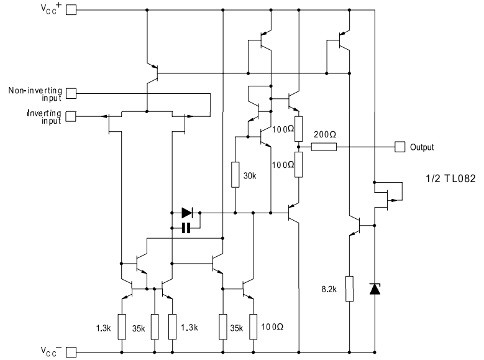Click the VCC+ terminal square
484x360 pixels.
pos(71,10)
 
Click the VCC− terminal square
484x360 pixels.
pos(71,352)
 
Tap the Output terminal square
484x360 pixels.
pos(400,147)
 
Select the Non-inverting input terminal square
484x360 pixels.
pos(71,93)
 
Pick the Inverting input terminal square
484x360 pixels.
pos(71,116)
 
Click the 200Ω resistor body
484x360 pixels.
pos(324,147)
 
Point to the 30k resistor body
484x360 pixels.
pos(235,175)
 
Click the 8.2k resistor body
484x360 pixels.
pos(349,288)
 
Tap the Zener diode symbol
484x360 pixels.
pos(375,289)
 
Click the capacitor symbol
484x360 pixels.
pos(186,228)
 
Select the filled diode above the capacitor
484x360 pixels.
pos(188,213)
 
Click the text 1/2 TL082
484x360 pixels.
pos(450,178)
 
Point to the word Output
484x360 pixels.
pos(422,147)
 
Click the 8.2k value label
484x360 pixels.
pos(329,289)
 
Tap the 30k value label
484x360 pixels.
pos(250,176)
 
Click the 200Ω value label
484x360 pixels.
pos(325,134)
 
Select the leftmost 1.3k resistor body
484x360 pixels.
pos(122,326)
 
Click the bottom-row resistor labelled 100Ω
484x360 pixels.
pos(253,326)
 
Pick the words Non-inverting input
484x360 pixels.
pos(35,95)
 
